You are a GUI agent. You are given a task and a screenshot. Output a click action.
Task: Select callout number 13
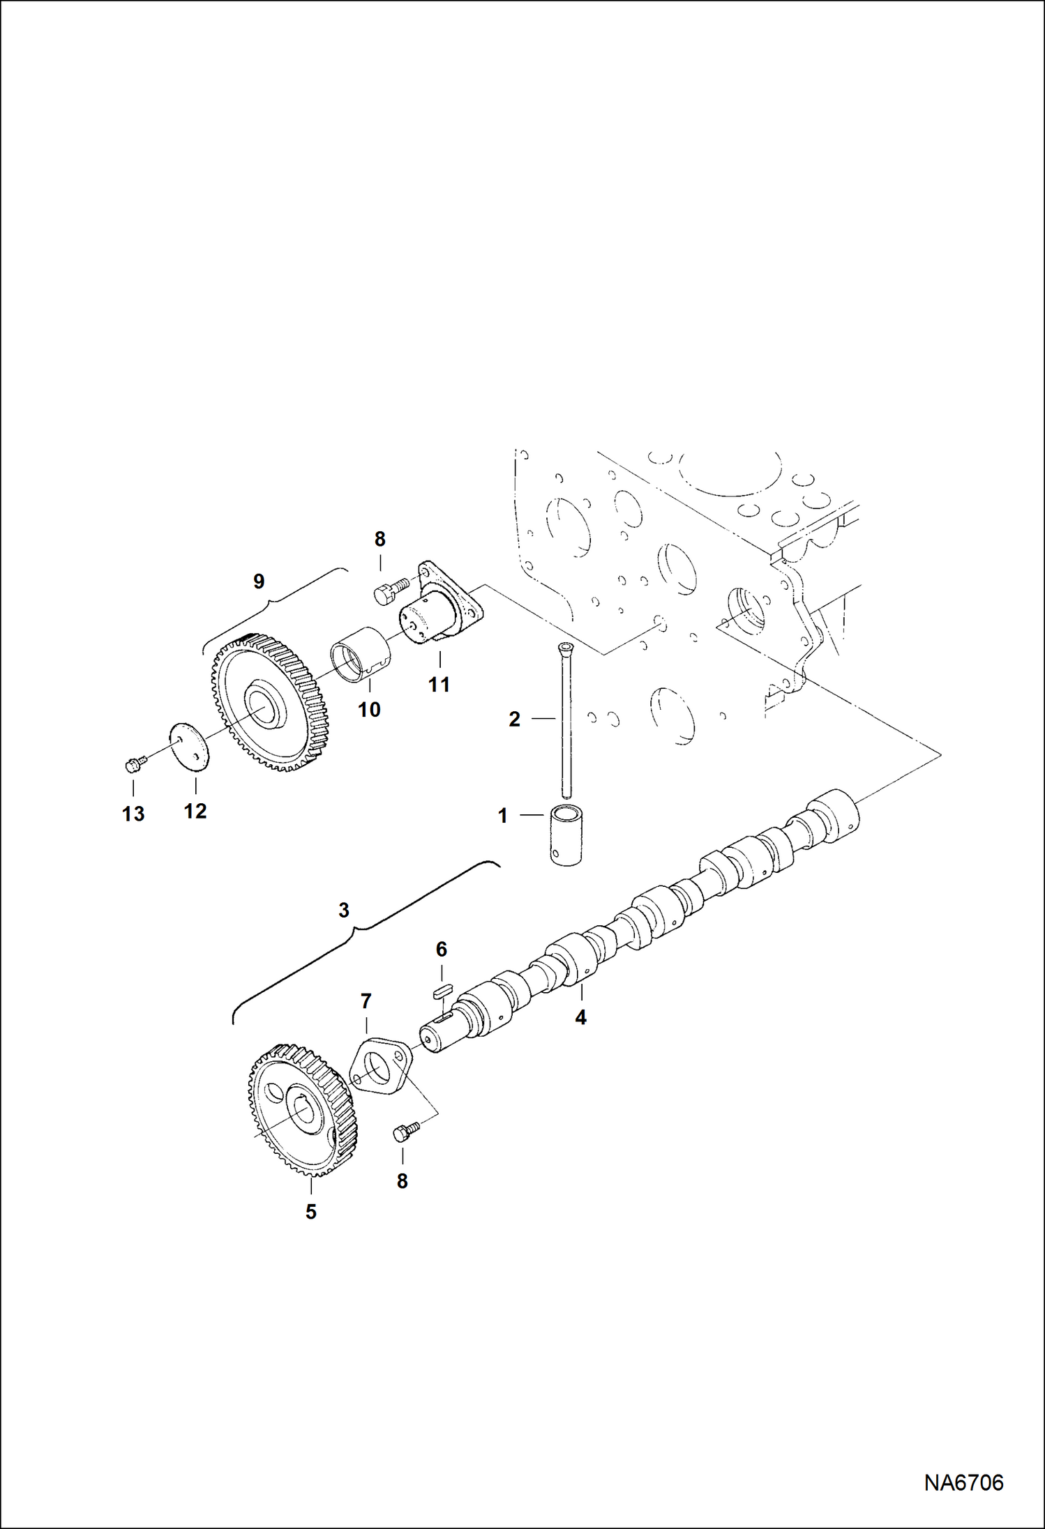tap(133, 814)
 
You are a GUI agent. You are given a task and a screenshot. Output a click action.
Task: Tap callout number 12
tap(195, 811)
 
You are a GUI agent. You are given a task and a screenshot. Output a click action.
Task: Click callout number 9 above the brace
tap(259, 581)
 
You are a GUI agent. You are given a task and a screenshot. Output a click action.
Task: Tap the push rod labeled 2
tap(566, 722)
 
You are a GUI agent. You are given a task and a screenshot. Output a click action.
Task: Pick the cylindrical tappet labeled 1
tap(566, 835)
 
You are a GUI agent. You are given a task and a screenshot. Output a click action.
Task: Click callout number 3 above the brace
tap(343, 910)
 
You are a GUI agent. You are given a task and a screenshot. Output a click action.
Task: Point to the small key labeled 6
tap(442, 989)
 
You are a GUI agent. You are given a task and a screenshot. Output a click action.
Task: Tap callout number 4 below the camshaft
tap(580, 1018)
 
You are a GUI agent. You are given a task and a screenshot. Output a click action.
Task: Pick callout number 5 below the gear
tap(310, 1212)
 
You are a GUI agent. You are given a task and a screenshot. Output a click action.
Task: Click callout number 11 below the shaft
tap(439, 685)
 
